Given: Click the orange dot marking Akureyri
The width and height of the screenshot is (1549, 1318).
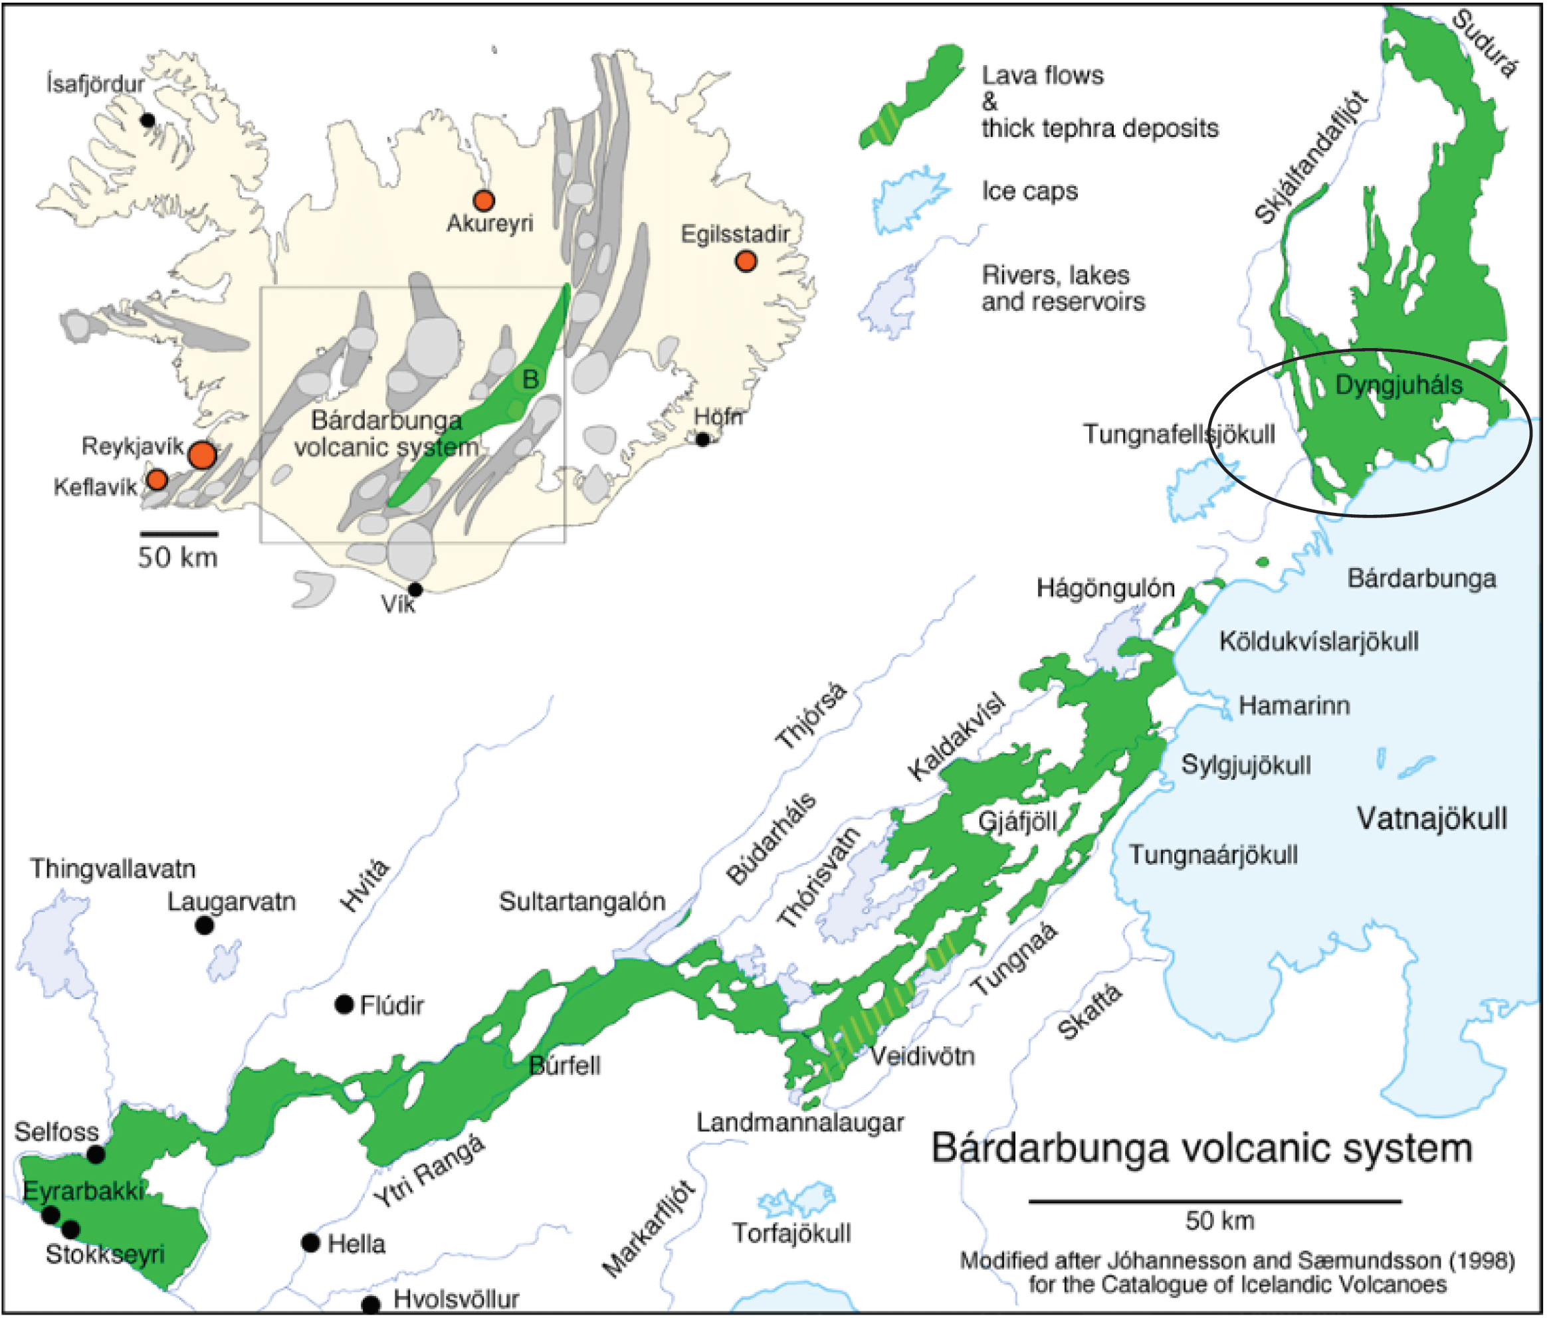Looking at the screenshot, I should pyautogui.click(x=484, y=200).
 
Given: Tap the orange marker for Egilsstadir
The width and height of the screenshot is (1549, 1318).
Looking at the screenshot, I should pyautogui.click(x=745, y=261).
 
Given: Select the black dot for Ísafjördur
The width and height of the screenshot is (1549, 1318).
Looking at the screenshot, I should pyautogui.click(x=148, y=120).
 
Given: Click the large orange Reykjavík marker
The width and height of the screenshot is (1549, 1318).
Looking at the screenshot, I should pyautogui.click(x=202, y=454).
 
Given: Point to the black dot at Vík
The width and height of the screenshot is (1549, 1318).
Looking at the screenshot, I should pyautogui.click(x=415, y=589).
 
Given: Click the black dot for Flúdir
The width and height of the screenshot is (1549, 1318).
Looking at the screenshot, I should pyautogui.click(x=344, y=1004).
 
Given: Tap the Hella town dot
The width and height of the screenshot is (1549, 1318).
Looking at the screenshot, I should pyautogui.click(x=311, y=1242).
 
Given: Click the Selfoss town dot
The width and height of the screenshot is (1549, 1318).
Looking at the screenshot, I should pyautogui.click(x=96, y=1155).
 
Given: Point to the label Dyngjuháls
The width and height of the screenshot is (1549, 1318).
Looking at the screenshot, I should pyautogui.click(x=1397, y=385).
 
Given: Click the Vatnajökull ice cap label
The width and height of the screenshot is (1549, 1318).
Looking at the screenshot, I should pyautogui.click(x=1431, y=818).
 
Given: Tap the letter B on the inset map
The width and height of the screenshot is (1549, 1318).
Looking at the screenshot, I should pyautogui.click(x=530, y=379).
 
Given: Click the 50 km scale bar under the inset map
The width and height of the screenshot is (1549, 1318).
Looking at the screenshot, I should pyautogui.click(x=179, y=533).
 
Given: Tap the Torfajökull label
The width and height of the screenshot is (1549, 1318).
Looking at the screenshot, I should pyautogui.click(x=791, y=1232).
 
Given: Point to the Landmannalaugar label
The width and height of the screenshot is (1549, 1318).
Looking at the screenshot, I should pyautogui.click(x=799, y=1121).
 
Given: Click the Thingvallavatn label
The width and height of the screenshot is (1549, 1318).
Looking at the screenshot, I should pyautogui.click(x=113, y=868).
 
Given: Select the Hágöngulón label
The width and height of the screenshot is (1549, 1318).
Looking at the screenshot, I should pyautogui.click(x=1105, y=588).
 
